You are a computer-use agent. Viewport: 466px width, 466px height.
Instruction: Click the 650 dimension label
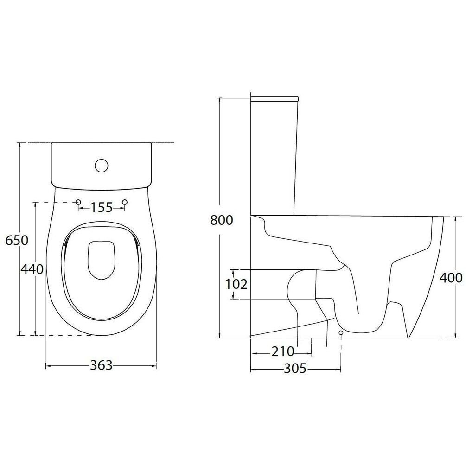pos(17,240)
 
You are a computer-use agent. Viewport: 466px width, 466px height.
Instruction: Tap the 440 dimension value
pos(32,269)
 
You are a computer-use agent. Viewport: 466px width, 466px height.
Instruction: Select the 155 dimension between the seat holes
pos(102,207)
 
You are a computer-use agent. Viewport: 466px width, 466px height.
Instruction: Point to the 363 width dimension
pos(102,365)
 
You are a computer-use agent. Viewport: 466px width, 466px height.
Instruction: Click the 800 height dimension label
pos(222,220)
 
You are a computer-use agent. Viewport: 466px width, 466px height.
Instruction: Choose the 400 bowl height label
pos(451,278)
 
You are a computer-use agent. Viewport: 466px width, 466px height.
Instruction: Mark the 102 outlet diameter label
pos(236,284)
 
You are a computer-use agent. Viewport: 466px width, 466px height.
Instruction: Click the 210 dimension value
pos(282,352)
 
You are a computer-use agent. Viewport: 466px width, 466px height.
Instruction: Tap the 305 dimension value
pos(295,369)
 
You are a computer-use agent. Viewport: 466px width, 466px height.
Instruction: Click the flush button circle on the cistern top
pos(102,165)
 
